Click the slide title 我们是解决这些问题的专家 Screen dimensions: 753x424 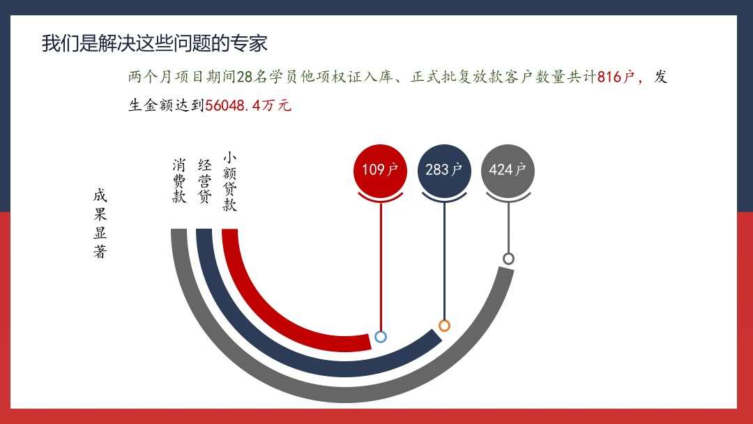point(154,43)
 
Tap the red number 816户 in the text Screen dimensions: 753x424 point(616,77)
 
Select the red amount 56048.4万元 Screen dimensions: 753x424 point(248,105)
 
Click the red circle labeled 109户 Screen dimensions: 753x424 point(380,170)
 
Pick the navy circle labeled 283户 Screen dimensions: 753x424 point(444,170)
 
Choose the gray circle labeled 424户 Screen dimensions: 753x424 point(508,170)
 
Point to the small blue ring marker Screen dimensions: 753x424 point(381,337)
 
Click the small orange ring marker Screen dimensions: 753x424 point(444,326)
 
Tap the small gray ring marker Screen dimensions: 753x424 point(508,259)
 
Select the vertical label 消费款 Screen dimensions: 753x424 point(179,181)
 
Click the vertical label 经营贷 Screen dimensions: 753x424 point(204,181)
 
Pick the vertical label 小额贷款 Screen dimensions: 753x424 point(229,181)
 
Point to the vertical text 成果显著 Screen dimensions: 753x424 point(100,223)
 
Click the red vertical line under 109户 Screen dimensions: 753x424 point(381,266)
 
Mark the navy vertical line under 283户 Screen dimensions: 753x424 point(444,261)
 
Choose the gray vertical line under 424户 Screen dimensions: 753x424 point(508,227)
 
